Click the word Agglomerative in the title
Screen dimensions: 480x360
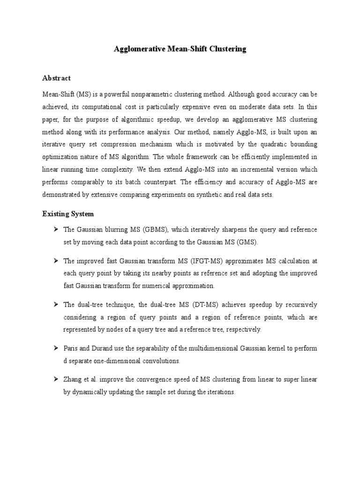point(139,49)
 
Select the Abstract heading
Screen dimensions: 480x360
point(57,78)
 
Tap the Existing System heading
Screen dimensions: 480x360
point(68,214)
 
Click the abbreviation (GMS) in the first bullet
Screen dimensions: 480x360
point(246,242)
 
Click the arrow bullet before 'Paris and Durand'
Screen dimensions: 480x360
point(54,348)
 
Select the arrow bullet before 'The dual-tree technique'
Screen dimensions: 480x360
point(54,304)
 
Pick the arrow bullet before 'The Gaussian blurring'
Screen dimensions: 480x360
point(54,229)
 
